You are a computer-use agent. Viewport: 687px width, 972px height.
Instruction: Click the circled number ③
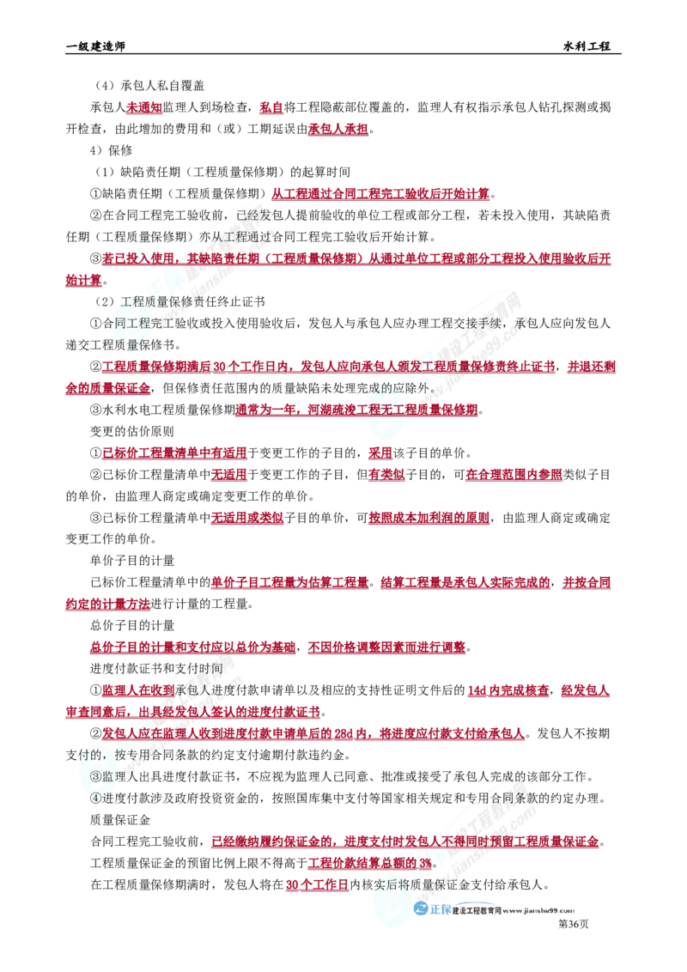pyautogui.click(x=95, y=775)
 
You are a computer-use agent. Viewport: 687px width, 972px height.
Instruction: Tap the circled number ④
pyautogui.click(x=95, y=795)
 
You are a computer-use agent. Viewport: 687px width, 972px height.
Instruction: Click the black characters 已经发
pyautogui.click(x=254, y=214)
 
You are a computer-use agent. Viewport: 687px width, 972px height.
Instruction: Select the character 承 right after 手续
pyautogui.click(x=523, y=324)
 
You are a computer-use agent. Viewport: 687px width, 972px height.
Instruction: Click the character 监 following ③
pyautogui.click(x=109, y=775)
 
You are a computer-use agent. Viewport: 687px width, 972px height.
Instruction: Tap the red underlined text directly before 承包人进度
pyautogui.click(x=137, y=690)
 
